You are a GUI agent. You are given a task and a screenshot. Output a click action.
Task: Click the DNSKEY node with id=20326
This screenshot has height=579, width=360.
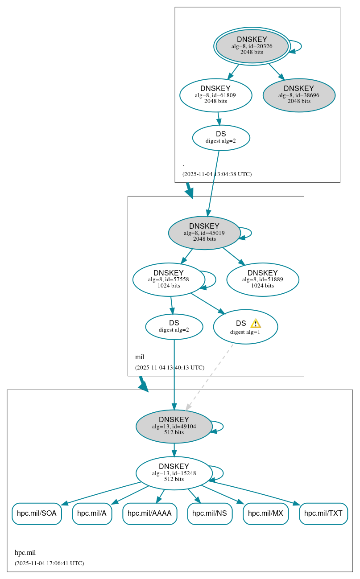point(252,46)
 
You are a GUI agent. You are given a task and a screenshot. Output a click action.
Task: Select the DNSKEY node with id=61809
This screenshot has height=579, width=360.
point(215,95)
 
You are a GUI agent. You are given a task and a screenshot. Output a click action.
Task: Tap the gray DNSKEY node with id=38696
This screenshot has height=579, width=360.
point(299,95)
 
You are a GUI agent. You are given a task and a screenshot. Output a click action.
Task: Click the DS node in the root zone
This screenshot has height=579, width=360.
point(221,137)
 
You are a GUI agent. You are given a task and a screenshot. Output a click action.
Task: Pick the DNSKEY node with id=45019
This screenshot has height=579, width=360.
point(204,233)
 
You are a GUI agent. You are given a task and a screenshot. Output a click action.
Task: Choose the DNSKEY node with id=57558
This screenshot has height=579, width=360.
point(169,279)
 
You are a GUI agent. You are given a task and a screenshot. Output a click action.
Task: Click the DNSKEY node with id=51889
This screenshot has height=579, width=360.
point(263,279)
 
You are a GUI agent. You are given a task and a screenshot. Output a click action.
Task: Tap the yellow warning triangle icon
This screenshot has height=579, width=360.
point(255,324)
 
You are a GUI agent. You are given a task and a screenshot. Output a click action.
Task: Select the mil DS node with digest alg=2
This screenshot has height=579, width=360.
point(174,326)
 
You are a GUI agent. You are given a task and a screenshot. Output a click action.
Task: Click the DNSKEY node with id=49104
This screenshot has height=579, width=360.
point(174,426)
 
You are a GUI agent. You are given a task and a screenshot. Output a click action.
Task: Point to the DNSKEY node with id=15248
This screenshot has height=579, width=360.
point(174,473)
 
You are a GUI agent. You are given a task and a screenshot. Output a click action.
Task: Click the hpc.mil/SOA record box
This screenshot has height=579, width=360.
point(37,513)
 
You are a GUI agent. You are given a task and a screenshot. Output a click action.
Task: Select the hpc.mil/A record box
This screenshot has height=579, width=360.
point(92,513)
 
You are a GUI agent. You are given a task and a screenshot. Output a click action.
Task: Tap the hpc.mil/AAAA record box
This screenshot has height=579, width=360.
point(149,513)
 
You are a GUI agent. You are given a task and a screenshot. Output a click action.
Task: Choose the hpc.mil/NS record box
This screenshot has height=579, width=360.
point(210,513)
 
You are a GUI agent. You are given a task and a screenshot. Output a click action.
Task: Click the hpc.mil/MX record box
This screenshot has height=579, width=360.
point(265,513)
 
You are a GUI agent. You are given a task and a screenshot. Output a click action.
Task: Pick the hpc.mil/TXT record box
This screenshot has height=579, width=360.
point(323,513)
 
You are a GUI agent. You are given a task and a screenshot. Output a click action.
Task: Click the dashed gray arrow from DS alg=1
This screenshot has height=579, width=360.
point(210,377)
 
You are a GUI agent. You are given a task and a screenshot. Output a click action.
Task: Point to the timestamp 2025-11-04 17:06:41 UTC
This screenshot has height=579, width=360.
point(49,563)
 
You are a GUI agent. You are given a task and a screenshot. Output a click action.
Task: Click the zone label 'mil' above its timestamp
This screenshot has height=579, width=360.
point(140,357)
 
